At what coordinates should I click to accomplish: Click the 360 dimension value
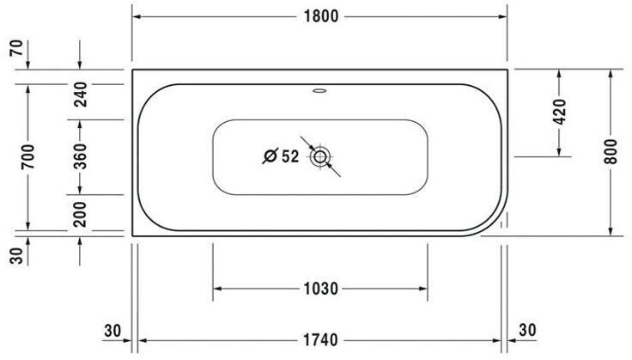click(x=79, y=157)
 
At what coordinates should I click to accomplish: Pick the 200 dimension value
click(x=79, y=213)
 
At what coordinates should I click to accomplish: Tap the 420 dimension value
click(x=560, y=113)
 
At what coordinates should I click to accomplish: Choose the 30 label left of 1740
click(x=112, y=330)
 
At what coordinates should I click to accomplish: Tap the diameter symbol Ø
click(x=269, y=156)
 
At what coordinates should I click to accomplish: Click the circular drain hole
click(x=321, y=156)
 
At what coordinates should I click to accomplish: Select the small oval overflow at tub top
click(x=320, y=88)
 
